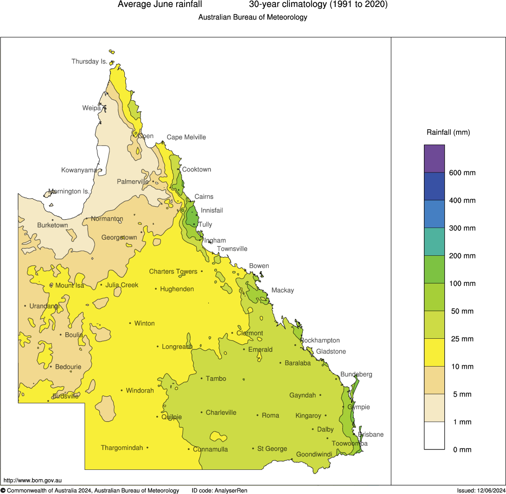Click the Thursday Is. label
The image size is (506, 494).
[x=89, y=61]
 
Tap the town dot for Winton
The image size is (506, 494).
[x=130, y=323]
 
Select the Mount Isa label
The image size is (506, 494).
[x=70, y=285]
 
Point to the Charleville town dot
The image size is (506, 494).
[x=202, y=412]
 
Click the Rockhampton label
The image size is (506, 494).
[x=320, y=340]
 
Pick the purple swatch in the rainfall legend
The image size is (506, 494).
[x=434, y=158]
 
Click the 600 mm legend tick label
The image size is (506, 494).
[x=462, y=173]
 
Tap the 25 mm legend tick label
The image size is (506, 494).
[x=462, y=339]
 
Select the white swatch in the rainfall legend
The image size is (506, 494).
[x=434, y=436]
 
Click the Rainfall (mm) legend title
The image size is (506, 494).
[x=448, y=133]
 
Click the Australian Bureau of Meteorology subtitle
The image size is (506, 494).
[x=253, y=18]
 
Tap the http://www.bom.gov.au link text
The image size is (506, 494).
[x=32, y=481]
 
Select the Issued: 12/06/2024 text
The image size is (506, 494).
[x=480, y=490]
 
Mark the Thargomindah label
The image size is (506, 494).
[x=122, y=448]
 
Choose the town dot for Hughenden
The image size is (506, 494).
[x=156, y=289]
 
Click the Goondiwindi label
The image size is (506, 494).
[x=314, y=454]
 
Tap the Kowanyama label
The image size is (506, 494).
[x=79, y=170]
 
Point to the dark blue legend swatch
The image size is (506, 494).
[x=434, y=186]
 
